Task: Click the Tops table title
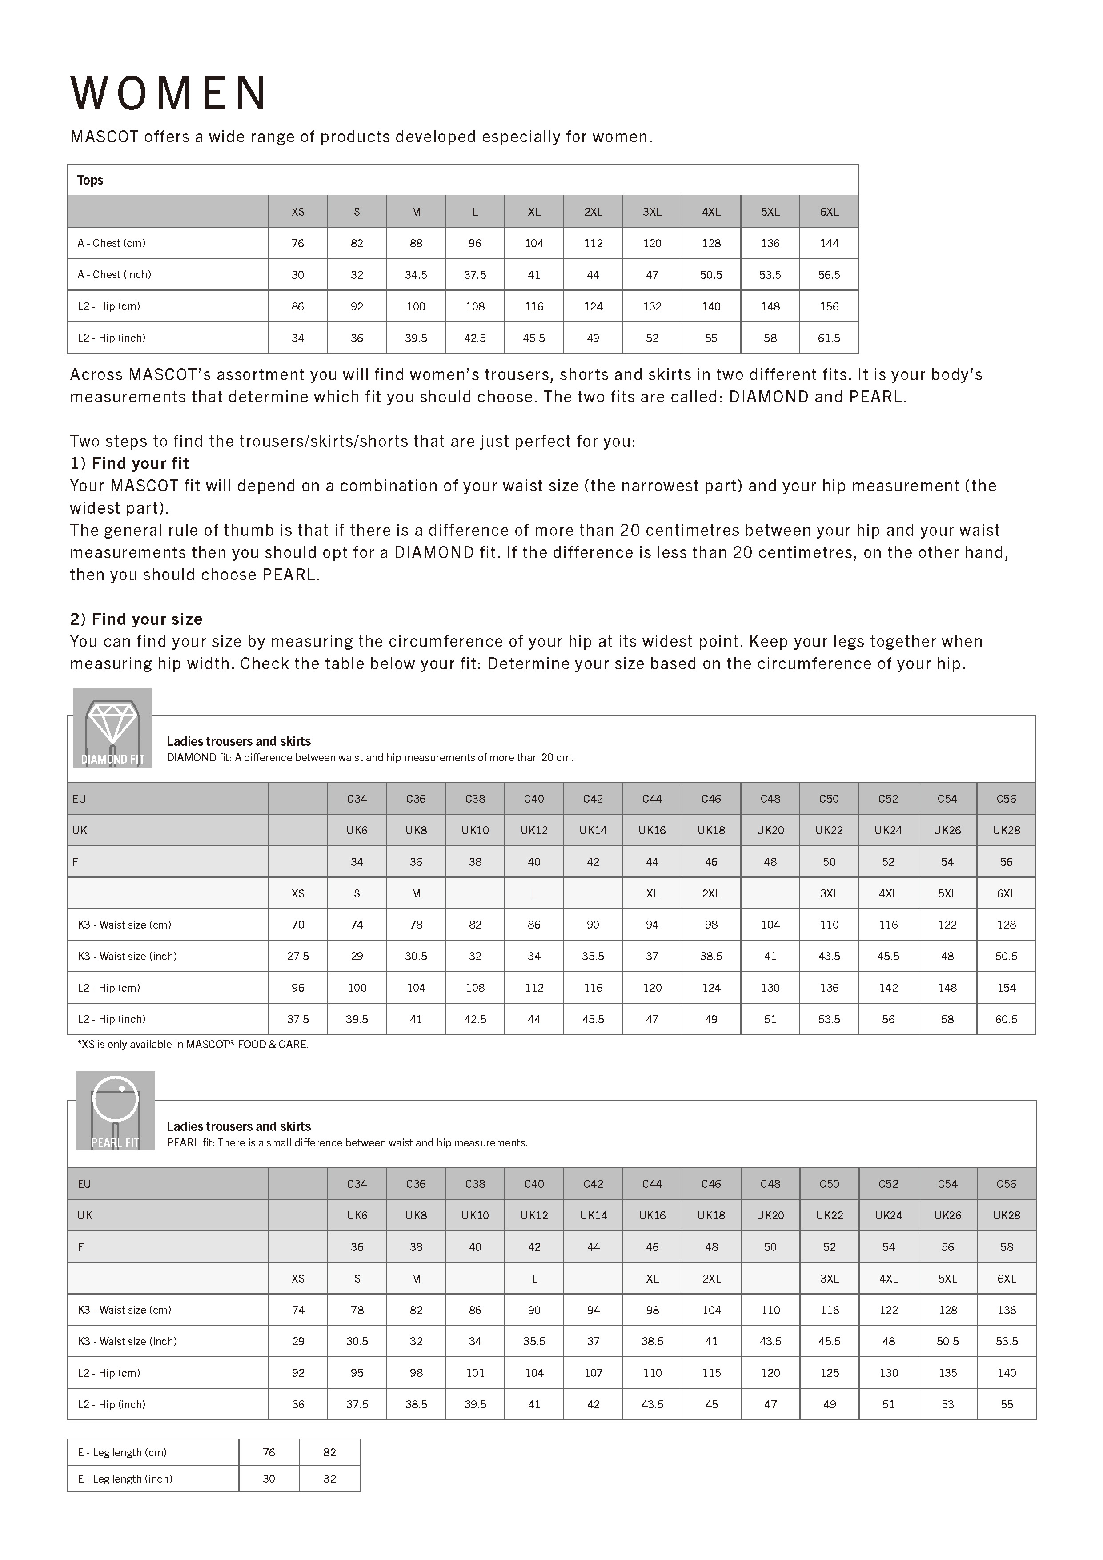point(90,180)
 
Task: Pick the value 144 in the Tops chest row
point(829,243)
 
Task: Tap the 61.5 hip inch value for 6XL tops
point(829,338)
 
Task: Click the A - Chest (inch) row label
point(114,274)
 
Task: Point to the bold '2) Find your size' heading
point(136,619)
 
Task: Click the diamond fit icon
point(113,727)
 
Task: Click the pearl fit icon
point(116,1110)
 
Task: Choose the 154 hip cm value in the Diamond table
point(1006,987)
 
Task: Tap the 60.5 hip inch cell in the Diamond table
point(1006,1019)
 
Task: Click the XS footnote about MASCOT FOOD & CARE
point(193,1044)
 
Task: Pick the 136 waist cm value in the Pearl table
point(1006,1310)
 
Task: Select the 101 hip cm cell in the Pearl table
point(475,1372)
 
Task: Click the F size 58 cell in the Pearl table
point(1006,1247)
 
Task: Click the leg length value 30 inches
point(269,1479)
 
